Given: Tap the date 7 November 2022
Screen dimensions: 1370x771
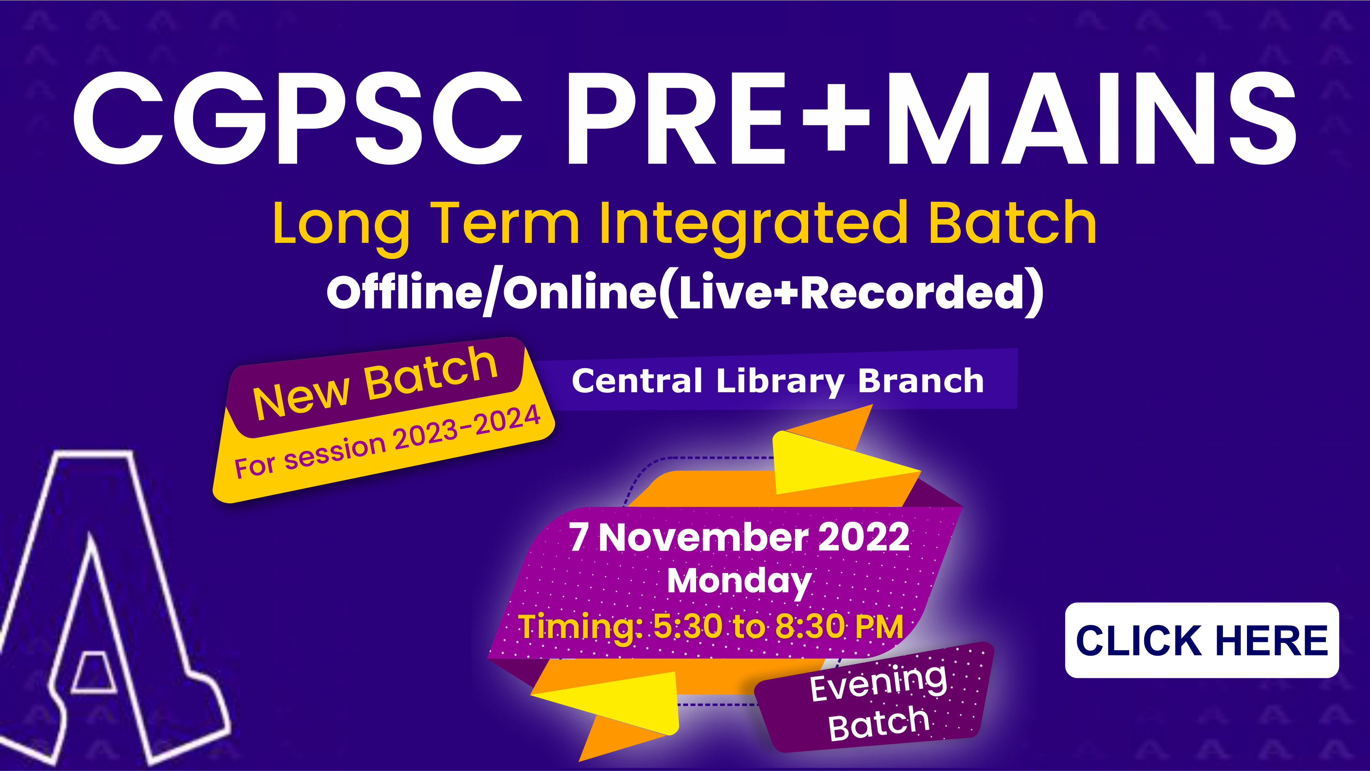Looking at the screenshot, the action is click(x=739, y=537).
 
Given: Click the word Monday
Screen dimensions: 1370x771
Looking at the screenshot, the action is click(x=739, y=582).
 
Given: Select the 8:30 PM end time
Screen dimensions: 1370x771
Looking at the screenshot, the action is click(x=839, y=627).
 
